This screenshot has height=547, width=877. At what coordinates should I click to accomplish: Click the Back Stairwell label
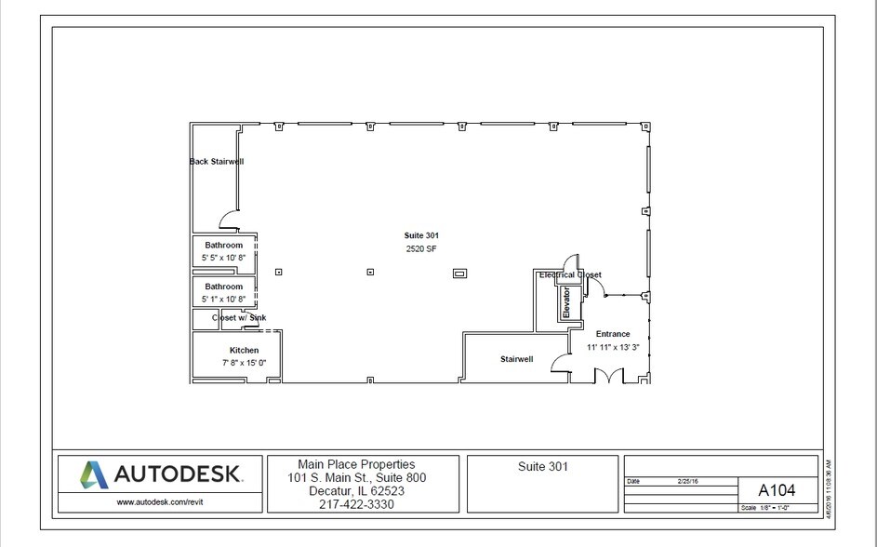pos(216,162)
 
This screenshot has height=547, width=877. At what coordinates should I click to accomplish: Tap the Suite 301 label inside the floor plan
pos(420,235)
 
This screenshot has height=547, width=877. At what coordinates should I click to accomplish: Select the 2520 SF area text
pos(420,249)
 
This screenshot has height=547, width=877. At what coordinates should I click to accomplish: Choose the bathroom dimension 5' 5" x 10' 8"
pos(223,258)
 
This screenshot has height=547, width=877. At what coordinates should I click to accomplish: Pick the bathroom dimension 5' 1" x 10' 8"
pos(223,299)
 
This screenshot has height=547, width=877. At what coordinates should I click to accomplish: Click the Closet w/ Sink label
pos(238,317)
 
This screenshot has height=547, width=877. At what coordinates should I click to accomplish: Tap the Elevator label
pos(565,303)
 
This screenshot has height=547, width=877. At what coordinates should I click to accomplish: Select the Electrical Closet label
pos(569,275)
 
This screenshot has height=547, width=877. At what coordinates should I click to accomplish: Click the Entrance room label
pos(612,334)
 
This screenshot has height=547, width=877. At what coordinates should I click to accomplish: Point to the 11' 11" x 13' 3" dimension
pos(612,347)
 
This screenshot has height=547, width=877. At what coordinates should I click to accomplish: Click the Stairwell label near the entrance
pos(516,358)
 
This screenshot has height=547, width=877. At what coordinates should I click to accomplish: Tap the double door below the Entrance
pos(608,376)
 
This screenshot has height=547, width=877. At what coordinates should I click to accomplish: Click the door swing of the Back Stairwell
pos(228,220)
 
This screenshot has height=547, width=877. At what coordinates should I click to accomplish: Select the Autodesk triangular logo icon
pos(93,474)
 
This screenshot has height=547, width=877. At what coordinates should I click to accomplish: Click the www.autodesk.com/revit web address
pos(154,501)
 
